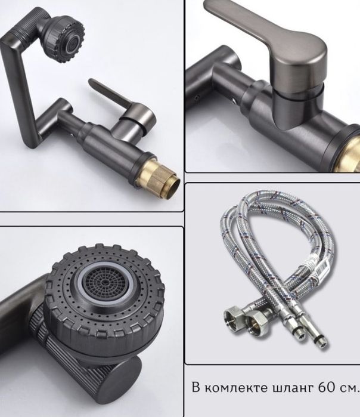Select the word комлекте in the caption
pos(237,388)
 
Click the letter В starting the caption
pos(196,387)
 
